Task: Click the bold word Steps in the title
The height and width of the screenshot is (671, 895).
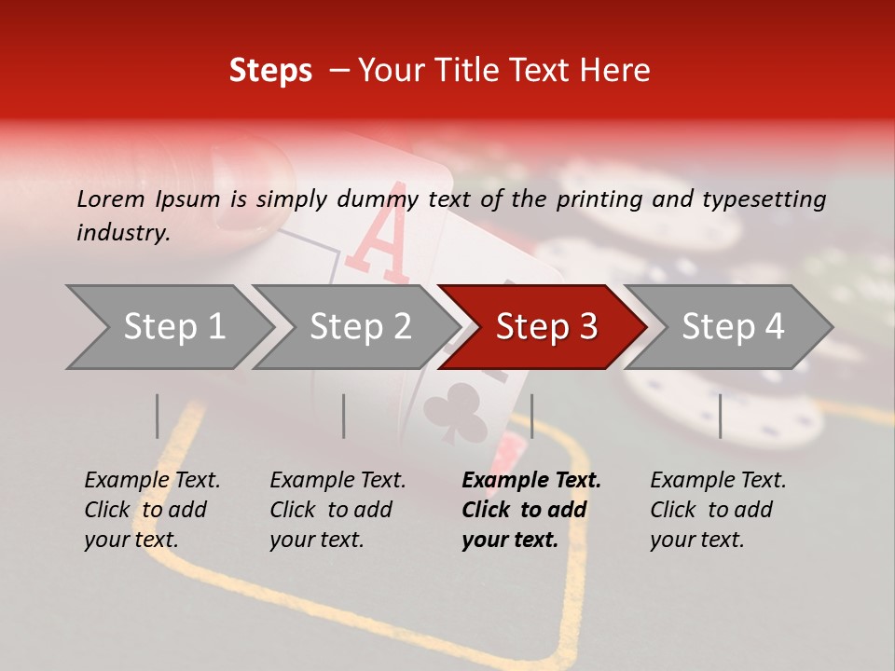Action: point(270,71)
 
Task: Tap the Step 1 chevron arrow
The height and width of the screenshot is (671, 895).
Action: point(170,327)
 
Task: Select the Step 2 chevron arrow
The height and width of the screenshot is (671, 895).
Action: point(356,327)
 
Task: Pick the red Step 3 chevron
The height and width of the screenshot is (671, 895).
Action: point(543,327)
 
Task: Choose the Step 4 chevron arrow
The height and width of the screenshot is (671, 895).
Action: point(728,327)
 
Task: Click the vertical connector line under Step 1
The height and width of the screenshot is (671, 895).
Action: point(157,416)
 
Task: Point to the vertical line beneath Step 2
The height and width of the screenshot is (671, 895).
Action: point(344,416)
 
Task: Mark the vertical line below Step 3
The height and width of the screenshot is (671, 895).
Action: point(532,416)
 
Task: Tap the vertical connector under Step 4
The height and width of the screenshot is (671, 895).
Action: point(721,416)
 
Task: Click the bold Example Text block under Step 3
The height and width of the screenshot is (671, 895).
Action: point(531,510)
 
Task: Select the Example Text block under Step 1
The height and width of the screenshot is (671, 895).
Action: point(152,510)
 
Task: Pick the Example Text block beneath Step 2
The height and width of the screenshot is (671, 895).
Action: point(337,510)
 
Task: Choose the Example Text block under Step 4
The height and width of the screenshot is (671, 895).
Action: point(718,510)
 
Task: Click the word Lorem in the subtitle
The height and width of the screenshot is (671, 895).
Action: point(111,199)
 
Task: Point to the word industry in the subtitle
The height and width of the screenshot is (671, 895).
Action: point(124,233)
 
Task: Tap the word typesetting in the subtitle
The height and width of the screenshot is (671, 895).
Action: point(764,200)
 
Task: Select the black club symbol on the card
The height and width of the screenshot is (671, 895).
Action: point(455,412)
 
